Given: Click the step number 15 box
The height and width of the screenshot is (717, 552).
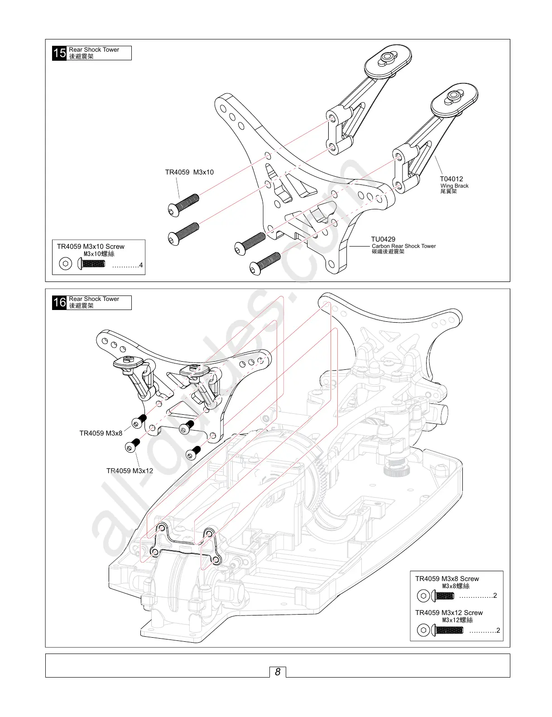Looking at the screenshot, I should tap(59, 53).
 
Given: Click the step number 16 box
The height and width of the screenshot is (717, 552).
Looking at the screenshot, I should tap(59, 302).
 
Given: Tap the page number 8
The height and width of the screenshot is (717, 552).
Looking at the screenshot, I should tap(278, 672).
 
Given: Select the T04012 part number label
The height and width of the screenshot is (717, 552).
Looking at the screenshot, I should tap(451, 179).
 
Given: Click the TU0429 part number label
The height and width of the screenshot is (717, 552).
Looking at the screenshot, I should tap(383, 239).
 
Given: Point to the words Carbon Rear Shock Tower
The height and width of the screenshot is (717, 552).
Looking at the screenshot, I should tap(403, 246).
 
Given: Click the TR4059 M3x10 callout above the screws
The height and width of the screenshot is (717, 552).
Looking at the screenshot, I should tap(189, 172).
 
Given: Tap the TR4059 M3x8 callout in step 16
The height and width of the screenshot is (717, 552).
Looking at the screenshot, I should tap(101, 433).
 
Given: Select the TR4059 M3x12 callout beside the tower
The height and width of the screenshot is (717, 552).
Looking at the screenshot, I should tap(130, 471).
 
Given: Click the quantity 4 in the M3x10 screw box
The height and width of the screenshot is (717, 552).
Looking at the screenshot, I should tap(141, 265).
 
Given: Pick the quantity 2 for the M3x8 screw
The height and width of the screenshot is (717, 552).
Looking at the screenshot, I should tap(495, 596).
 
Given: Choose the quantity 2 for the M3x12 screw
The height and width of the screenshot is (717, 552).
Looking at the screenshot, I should tap(498, 630).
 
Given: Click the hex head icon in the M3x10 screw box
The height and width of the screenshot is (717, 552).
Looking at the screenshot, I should tap(66, 264).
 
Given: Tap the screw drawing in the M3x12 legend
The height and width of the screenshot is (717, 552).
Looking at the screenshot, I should tap(448, 630).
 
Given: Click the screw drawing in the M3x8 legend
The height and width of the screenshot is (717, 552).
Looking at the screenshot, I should tap(443, 596).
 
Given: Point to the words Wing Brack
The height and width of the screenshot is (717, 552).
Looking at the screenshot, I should tap(454, 186).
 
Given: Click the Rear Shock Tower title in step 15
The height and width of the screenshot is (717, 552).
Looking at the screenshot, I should tap(94, 50).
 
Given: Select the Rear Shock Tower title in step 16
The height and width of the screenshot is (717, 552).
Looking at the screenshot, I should tap(94, 299).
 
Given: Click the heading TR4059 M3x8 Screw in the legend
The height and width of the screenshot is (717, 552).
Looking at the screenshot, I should tap(447, 579).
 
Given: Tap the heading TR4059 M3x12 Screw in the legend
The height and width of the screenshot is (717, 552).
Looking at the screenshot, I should tap(449, 613).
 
